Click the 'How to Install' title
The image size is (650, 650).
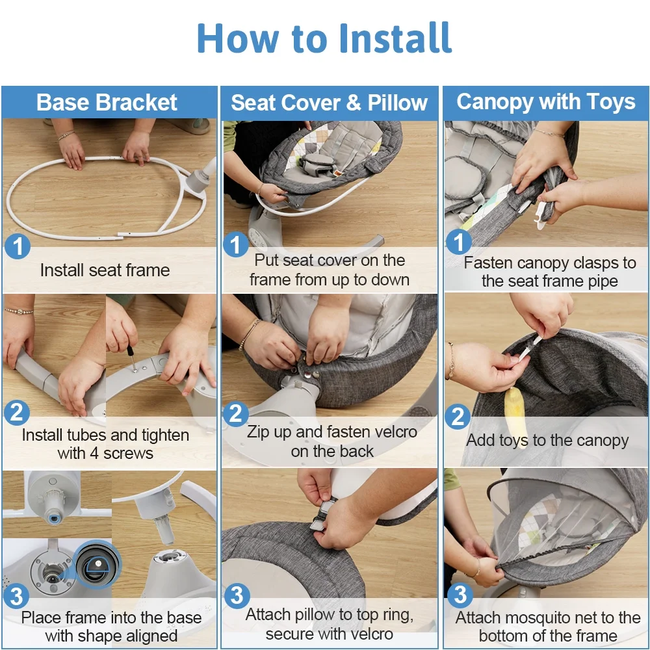click(324, 38)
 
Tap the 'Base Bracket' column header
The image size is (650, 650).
click(107, 103)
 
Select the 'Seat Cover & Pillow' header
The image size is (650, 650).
click(329, 103)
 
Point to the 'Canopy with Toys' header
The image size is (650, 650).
click(546, 102)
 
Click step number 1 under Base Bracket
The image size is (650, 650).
click(18, 246)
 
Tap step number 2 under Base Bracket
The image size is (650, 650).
click(17, 413)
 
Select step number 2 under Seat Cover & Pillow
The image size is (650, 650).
click(236, 413)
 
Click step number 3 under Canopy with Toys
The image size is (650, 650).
click(460, 595)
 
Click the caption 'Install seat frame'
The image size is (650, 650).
click(105, 270)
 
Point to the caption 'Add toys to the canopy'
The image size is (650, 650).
click(547, 440)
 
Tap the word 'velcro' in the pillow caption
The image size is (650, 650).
click(370, 634)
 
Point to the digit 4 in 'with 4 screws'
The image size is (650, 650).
click(94, 454)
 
